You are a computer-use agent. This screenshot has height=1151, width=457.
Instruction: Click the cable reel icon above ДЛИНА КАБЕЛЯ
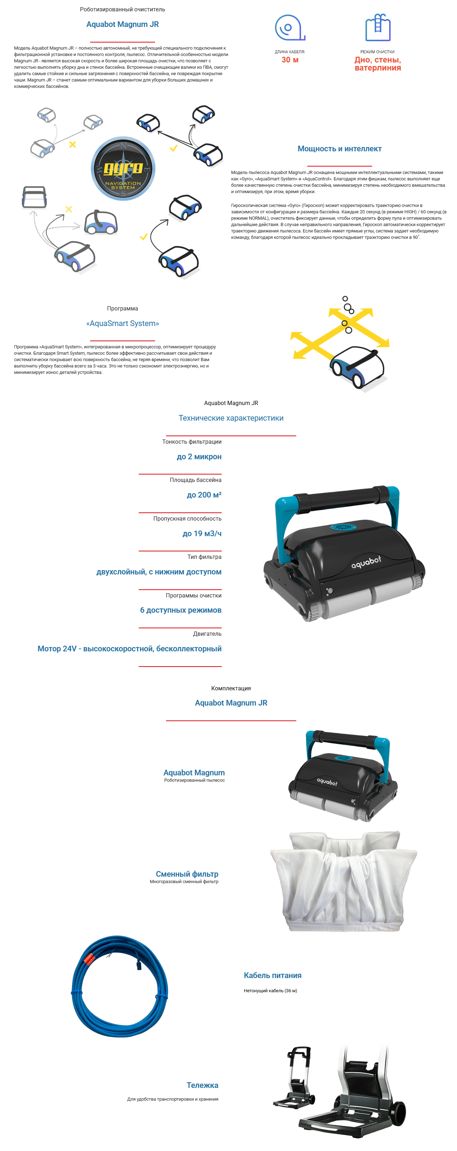289,28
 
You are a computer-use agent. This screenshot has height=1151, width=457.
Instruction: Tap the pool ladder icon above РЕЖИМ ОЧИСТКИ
378,28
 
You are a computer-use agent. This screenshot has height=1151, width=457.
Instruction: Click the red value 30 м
290,60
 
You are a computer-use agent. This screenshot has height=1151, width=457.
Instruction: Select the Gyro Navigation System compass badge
123,168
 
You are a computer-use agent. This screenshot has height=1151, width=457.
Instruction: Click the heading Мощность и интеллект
340,149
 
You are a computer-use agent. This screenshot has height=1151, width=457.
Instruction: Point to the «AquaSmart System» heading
122,324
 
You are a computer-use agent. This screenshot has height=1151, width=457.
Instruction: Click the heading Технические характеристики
231,418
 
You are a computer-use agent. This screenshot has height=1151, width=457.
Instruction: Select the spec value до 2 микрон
199,457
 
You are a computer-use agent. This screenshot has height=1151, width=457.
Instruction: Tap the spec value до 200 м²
204,495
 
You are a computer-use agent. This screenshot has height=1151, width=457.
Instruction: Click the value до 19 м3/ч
202,533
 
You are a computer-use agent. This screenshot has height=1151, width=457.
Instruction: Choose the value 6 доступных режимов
181,610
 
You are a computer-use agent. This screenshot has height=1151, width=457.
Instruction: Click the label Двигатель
207,634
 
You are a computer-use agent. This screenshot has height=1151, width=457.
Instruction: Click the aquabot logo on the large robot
366,562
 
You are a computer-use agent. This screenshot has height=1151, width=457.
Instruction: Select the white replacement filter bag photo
343,881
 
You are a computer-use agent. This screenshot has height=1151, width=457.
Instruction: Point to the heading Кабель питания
272,975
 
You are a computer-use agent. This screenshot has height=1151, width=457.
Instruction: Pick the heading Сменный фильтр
187,874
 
